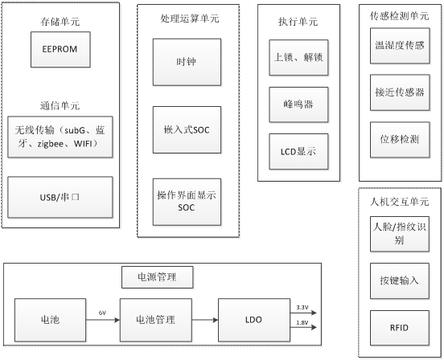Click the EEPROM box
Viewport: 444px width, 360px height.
pos(60,50)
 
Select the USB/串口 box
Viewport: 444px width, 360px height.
pos(60,198)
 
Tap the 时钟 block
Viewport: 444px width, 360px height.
pos(187,62)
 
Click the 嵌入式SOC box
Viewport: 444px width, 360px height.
pos(187,130)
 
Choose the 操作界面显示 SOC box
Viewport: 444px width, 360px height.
pos(187,202)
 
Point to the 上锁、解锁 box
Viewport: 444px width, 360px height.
pos(298,58)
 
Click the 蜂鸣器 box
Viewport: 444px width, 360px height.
pos(298,104)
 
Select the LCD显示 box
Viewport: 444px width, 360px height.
pos(298,152)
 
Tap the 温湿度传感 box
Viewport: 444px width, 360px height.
pos(400,46)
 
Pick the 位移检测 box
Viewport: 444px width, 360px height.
pos(400,140)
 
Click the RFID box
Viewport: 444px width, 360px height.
pos(400,328)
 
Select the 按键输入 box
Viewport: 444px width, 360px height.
pos(400,280)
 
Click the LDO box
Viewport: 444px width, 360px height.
pos(254,320)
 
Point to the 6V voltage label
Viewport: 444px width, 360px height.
pos(102,313)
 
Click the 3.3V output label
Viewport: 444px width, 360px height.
pos(302,308)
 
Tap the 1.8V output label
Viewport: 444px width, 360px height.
pos(302,323)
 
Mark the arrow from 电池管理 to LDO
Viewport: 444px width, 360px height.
pos(205,320)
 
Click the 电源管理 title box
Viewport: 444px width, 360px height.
pos(158,277)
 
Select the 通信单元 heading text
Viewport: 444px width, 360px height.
pos(60,106)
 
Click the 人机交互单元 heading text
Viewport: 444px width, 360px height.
pos(399,202)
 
